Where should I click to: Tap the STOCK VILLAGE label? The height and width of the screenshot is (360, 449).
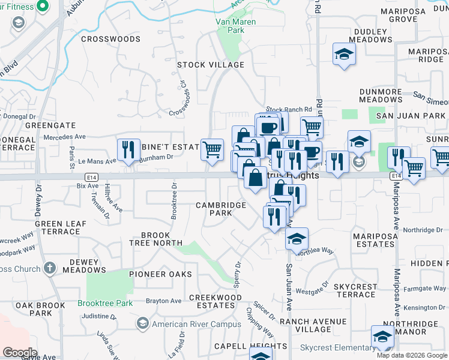point(211,65)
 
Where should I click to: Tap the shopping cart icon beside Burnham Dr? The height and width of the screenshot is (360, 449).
point(212,150)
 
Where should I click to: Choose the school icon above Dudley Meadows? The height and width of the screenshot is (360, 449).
point(345,54)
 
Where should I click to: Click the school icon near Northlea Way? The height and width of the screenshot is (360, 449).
point(297,238)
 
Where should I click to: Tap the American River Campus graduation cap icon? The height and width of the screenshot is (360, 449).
point(142,324)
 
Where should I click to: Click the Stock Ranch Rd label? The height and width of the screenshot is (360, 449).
point(289,110)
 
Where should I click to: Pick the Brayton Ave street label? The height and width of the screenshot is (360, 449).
point(164,301)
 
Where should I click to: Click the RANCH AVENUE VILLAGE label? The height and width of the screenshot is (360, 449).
point(313,325)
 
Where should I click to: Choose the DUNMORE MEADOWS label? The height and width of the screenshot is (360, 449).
point(381,95)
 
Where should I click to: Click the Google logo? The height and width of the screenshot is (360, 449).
point(20,353)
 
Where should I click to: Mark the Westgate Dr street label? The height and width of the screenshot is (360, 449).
point(310,292)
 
